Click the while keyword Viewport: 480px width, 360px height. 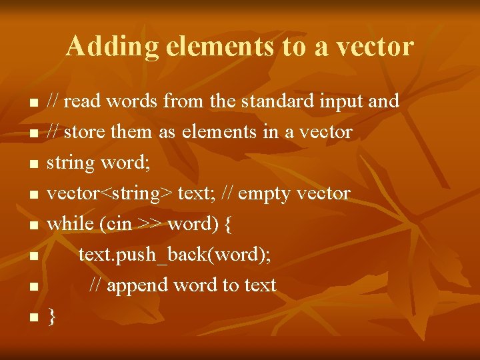[71, 224]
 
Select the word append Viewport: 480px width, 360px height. [137, 286]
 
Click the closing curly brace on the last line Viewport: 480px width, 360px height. [52, 317]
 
